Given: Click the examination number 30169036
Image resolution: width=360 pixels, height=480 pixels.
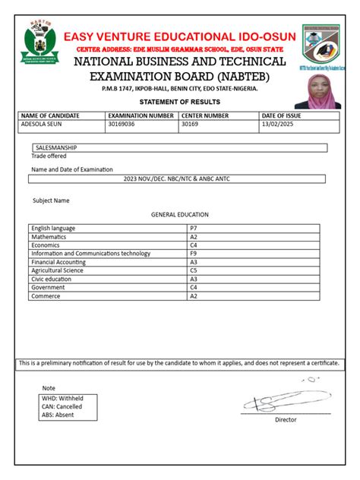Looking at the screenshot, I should point(122,125).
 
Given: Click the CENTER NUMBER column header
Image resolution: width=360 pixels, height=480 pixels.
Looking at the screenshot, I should point(205,115).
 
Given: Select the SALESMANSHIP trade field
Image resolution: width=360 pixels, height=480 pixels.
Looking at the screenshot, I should point(57,148).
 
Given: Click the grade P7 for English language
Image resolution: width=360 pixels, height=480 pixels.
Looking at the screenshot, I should point(194,228).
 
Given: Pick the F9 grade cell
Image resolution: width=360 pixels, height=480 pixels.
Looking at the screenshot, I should point(194,254).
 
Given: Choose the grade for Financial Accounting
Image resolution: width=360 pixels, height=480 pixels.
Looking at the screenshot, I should point(194,262).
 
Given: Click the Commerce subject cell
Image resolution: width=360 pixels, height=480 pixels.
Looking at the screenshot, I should point(46,296).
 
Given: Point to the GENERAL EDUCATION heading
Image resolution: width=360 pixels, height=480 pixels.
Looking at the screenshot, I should point(180,215).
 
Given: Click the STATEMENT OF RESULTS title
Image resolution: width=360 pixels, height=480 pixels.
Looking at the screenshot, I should point(180,102).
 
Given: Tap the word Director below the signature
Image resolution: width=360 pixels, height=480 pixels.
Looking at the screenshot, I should point(286,419).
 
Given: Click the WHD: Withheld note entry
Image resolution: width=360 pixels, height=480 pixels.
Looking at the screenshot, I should point(62,398).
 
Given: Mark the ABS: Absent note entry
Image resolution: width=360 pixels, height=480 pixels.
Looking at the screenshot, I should point(58,415).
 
